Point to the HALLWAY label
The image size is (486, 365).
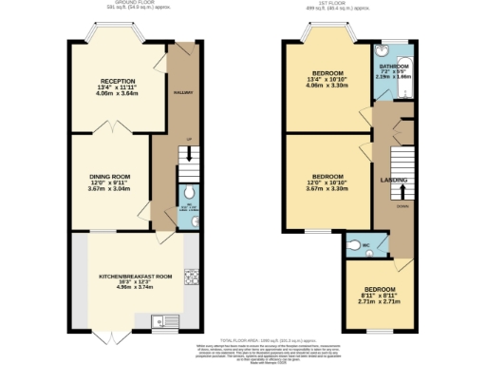[183, 92]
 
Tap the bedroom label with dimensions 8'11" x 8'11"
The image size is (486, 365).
[378, 289]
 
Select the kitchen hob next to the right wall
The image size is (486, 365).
[191, 278]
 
